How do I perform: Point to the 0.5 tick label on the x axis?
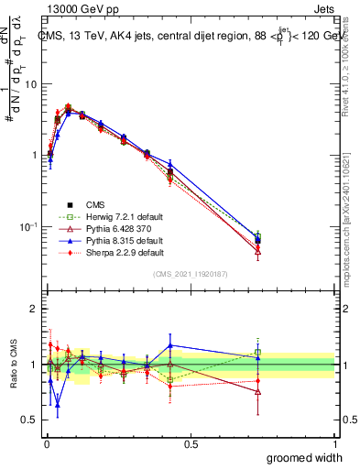click(191, 442)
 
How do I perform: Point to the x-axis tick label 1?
click(334, 442)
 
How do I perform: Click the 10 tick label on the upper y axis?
click(30, 84)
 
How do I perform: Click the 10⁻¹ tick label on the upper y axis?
click(27, 226)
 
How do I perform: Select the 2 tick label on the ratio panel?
click(33, 310)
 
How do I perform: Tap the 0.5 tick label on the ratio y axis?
click(29, 420)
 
